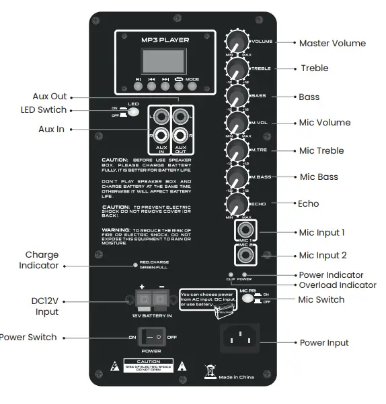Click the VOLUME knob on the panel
(238, 41)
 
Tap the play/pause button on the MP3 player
(138, 86)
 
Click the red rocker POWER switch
(151, 336)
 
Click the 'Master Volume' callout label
(332, 43)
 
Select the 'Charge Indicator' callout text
(42, 260)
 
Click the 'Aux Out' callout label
(50, 97)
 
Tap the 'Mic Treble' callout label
(321, 150)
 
